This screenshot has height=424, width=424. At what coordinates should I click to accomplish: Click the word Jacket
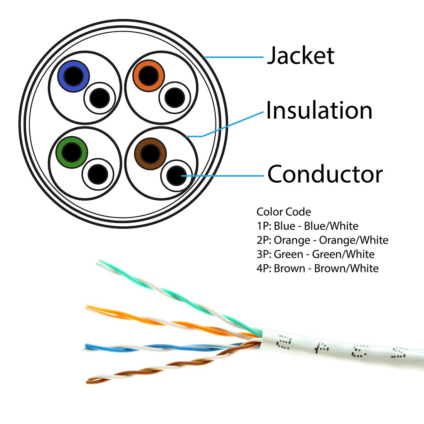click(300, 55)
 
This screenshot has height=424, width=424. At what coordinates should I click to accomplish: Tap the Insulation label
click(319, 110)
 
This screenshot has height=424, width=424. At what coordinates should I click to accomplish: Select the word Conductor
click(325, 174)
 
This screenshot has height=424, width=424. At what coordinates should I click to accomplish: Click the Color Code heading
click(284, 212)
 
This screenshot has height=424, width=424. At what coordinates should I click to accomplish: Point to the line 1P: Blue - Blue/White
click(307, 226)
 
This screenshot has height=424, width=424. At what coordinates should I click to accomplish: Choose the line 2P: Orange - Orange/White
click(322, 240)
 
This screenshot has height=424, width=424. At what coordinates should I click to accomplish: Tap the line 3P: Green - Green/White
click(315, 254)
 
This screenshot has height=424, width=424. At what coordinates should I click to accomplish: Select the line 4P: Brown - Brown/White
click(318, 268)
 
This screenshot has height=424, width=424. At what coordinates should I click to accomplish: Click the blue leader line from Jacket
click(233, 57)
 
